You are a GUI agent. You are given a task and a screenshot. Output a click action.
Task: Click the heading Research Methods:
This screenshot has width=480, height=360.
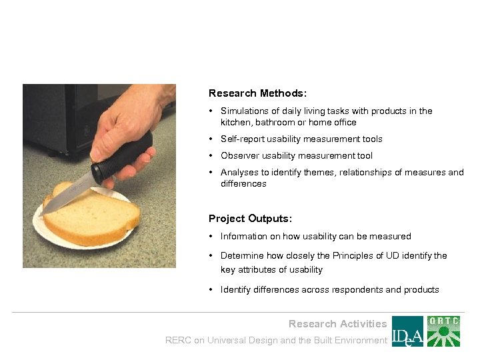pyautogui.click(x=257, y=94)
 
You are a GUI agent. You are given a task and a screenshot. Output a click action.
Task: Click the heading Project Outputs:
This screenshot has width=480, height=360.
pyautogui.click(x=250, y=219)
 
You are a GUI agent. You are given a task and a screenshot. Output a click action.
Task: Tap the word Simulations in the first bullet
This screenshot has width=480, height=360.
pyautogui.click(x=245, y=111)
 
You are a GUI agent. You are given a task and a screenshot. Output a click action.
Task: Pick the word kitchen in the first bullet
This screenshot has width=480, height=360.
pyautogui.click(x=235, y=123)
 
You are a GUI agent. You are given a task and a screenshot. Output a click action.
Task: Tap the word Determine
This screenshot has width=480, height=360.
pyautogui.click(x=242, y=256)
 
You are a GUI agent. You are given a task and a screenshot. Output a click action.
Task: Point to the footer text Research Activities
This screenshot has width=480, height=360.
pyautogui.click(x=337, y=324)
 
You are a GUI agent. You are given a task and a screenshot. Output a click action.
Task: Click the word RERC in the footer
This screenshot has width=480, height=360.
pyautogui.click(x=178, y=341)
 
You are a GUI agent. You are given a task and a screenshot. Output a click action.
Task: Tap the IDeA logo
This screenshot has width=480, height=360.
pyautogui.click(x=407, y=331)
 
